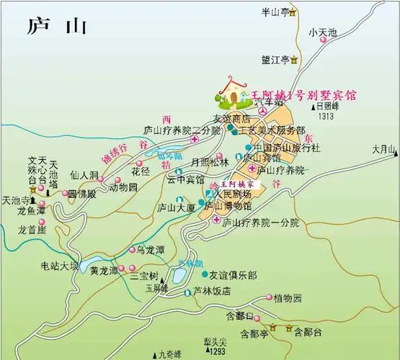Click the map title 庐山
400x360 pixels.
(56, 26)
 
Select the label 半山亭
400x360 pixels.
(275, 12)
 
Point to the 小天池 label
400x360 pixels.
(322, 32)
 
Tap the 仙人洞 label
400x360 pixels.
(84, 175)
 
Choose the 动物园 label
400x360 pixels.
(123, 187)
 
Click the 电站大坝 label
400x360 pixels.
(59, 266)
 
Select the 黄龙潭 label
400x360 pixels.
(105, 271)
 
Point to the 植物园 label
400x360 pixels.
(287, 297)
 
